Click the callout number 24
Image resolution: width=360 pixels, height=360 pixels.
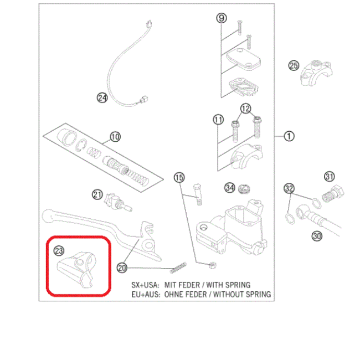click(102, 98)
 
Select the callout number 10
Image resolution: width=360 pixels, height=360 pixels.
click(115, 136)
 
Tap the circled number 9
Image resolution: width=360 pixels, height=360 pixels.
click(221, 18)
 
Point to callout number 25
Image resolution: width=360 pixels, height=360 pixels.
click(294, 66)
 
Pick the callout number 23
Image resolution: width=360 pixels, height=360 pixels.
click(59, 251)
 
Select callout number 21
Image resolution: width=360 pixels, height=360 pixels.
click(97, 194)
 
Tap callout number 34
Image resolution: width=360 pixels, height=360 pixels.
click(229, 188)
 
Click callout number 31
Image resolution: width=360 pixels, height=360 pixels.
click(330, 177)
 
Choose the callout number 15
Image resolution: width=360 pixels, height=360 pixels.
click(178, 178)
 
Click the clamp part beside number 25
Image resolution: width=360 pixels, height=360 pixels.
click(316, 73)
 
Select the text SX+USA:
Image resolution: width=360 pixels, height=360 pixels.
click(146, 285)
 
